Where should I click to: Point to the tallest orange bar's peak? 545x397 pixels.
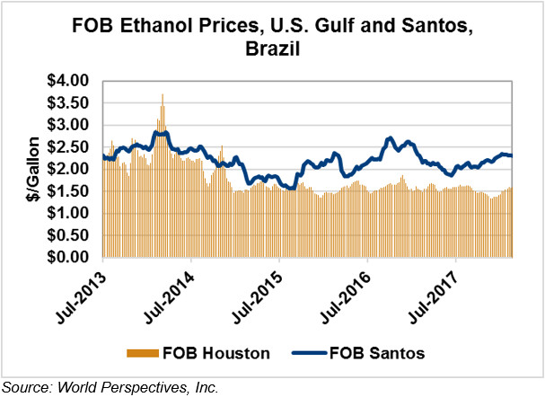tap(163, 94)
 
